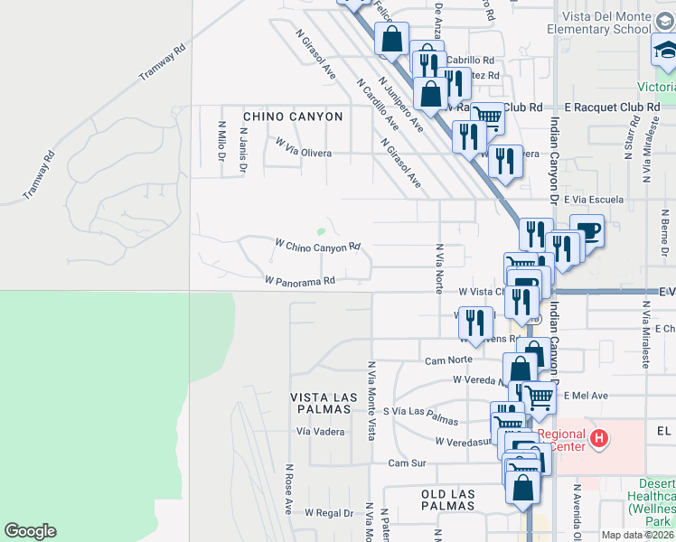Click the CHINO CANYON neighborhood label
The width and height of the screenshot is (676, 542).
[293, 117]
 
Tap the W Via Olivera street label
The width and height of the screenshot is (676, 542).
[304, 154]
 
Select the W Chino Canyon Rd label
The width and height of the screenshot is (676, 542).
[318, 246]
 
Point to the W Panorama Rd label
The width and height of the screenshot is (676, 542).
[300, 281]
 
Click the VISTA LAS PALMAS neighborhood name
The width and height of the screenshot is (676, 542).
[319, 403]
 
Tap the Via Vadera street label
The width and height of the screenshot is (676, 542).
[321, 432]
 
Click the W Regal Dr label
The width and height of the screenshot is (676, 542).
[328, 513]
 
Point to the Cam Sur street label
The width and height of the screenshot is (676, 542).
[406, 463]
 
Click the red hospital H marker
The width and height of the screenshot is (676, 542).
[597, 440]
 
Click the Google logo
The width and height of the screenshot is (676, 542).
[30, 531]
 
